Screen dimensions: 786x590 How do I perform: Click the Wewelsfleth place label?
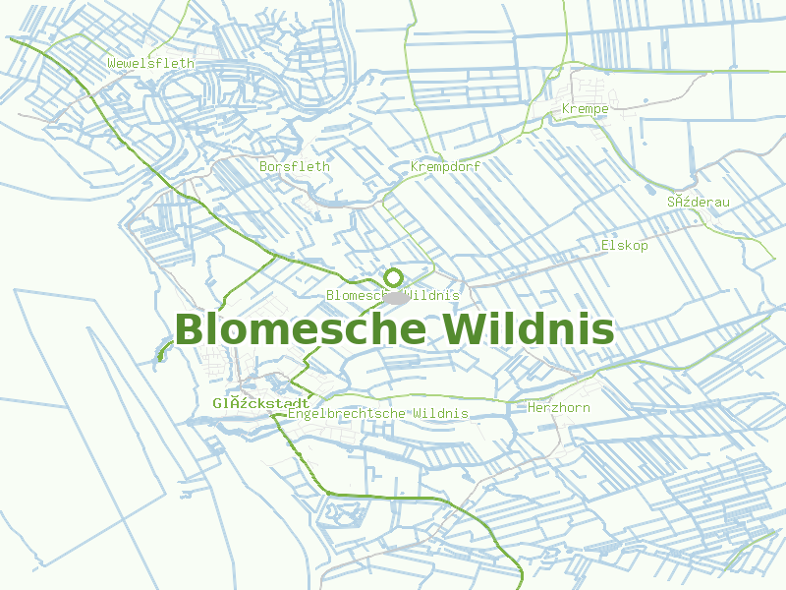click(x=150, y=64)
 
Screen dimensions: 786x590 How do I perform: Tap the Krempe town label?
click(x=585, y=108)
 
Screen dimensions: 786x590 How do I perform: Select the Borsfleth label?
click(x=295, y=167)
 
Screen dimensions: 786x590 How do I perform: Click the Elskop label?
click(x=624, y=246)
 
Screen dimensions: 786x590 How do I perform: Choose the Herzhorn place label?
click(x=559, y=407)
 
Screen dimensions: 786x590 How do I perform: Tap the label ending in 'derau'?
click(x=699, y=203)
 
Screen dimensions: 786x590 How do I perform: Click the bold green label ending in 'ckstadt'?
click(x=261, y=403)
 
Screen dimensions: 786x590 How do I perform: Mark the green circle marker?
click(x=394, y=277)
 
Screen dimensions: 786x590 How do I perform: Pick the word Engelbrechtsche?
click(x=348, y=414)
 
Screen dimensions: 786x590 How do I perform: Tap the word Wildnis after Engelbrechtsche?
click(x=441, y=414)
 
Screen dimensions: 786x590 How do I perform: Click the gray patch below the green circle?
click(x=396, y=296)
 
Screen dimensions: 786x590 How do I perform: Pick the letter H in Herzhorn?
click(x=532, y=407)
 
